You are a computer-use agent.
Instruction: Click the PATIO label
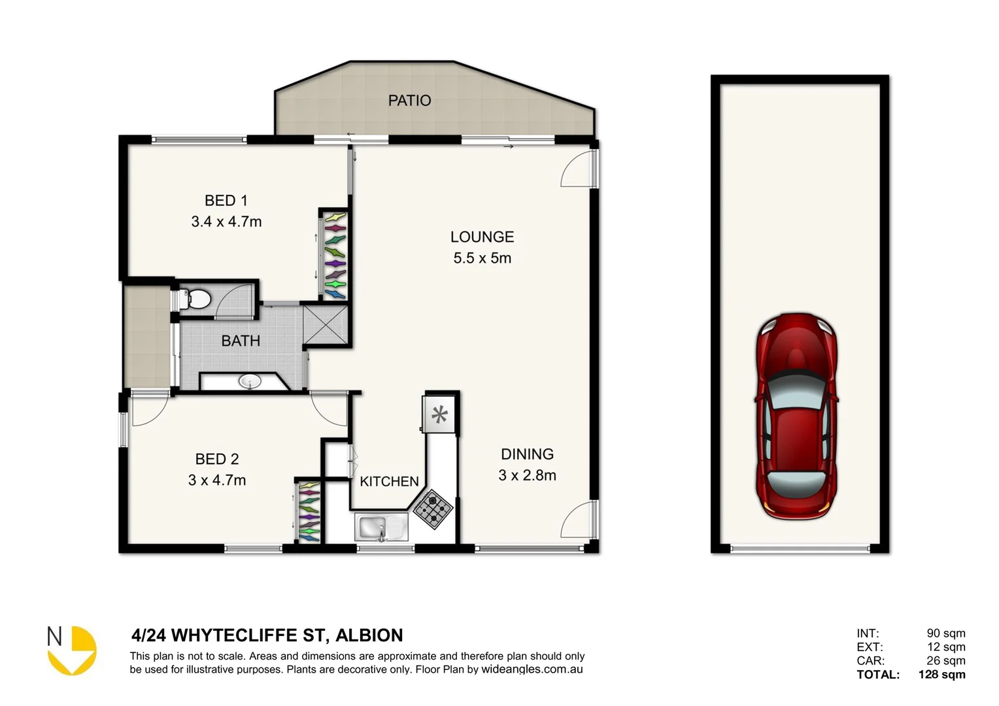(x=409, y=100)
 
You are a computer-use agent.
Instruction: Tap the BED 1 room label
(x=226, y=201)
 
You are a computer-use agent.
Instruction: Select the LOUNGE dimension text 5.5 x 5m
(x=482, y=258)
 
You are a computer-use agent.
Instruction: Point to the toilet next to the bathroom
(x=195, y=299)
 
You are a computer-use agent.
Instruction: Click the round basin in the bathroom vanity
(x=248, y=380)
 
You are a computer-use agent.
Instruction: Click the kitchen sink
(x=381, y=527)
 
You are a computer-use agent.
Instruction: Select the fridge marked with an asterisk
(x=439, y=414)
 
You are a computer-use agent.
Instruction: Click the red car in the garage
(x=797, y=416)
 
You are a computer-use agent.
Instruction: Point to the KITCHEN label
(x=389, y=482)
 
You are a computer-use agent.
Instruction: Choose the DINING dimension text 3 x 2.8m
(x=527, y=476)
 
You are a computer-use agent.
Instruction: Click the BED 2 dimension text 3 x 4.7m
(x=217, y=480)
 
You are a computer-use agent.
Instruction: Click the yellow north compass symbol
(x=73, y=650)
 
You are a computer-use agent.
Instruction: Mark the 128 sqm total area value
(x=941, y=675)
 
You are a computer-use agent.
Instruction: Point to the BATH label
(x=241, y=341)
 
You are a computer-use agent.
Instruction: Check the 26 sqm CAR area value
(x=945, y=661)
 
